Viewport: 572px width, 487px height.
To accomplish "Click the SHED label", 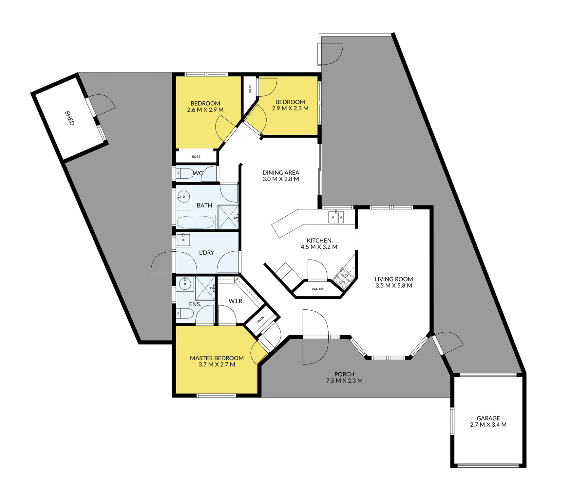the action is [70, 118].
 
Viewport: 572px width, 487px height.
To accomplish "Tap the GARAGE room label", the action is [488, 418].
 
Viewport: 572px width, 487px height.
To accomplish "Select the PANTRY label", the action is [318, 289].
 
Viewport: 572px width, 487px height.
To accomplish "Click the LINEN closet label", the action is [260, 320].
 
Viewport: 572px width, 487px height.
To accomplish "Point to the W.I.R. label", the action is [236, 301].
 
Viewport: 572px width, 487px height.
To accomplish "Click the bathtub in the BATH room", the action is [195, 222].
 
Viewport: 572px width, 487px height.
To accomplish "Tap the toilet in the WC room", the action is [184, 173].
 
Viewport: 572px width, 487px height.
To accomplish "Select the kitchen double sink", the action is [336, 217].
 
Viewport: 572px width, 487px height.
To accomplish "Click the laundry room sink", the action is [183, 240].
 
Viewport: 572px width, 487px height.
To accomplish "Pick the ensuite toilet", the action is [185, 313].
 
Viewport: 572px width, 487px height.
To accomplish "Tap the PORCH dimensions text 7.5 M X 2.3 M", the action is [344, 380].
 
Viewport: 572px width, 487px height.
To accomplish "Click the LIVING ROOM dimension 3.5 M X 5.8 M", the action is [393, 285].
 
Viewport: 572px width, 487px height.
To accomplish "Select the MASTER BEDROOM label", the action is [217, 358].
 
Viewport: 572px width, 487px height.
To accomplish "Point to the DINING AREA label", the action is [281, 172].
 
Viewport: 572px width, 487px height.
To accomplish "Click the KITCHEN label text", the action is [319, 240].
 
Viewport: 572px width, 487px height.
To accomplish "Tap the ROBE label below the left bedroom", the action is [196, 157].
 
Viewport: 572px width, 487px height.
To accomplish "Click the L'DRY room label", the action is [206, 252].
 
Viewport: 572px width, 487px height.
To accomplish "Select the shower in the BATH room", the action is [228, 217].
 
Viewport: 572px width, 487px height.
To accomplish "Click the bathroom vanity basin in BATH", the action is [183, 197].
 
